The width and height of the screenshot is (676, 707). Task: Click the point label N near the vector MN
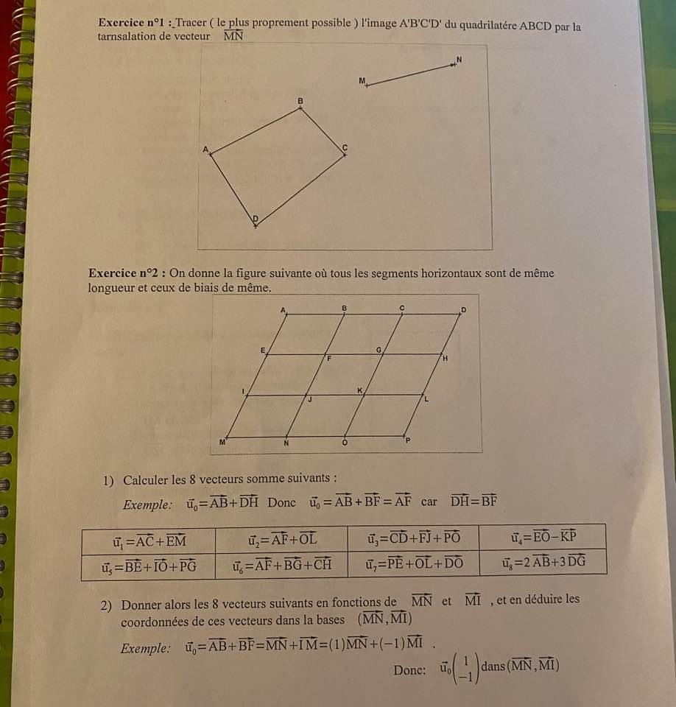(458, 58)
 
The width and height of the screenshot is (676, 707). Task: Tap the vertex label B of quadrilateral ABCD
(300, 99)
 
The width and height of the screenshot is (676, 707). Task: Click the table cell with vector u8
(542, 566)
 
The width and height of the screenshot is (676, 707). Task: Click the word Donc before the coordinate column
(409, 670)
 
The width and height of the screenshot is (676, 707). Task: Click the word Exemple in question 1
(148, 504)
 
